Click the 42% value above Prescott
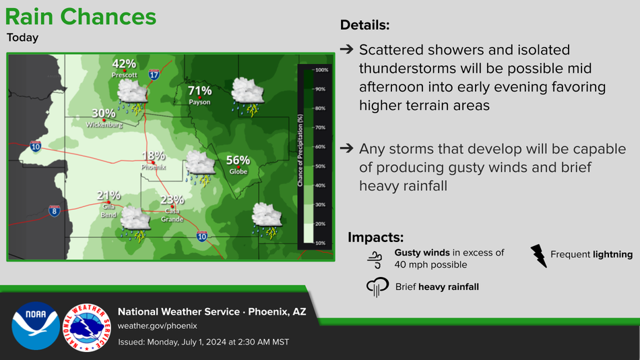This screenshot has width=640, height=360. (124, 64)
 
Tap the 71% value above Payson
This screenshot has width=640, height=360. (199, 91)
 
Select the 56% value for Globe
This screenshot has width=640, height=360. (238, 160)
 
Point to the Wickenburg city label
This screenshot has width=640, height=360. (104, 125)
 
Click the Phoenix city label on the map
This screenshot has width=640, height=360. (154, 167)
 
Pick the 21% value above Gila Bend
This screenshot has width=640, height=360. (108, 196)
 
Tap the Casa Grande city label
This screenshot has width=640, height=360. (172, 215)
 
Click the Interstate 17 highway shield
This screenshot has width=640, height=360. (154, 74)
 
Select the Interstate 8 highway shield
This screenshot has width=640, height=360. (55, 211)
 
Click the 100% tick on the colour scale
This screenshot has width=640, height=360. (321, 70)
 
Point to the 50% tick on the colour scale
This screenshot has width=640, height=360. (320, 167)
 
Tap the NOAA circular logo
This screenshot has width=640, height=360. (36, 326)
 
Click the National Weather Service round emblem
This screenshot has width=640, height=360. (86, 328)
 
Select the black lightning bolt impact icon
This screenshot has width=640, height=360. (538, 256)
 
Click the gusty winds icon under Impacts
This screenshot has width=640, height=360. (375, 260)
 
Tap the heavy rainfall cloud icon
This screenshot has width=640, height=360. (377, 287)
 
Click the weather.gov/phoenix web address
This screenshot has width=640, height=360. (158, 326)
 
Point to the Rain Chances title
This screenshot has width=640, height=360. (80, 17)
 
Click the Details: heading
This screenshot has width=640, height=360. (365, 25)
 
